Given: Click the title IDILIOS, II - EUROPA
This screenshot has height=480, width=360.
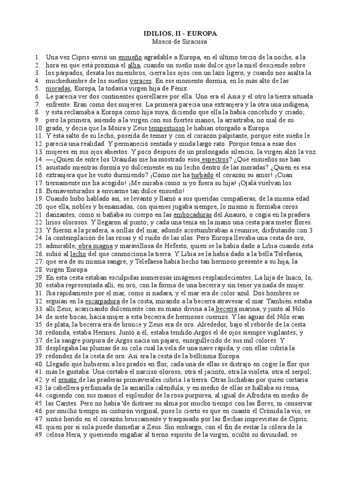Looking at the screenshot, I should (x=180, y=34).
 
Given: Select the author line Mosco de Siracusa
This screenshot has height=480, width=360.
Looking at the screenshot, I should (x=180, y=42).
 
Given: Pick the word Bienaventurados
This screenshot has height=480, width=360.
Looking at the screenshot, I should (x=74, y=191).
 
